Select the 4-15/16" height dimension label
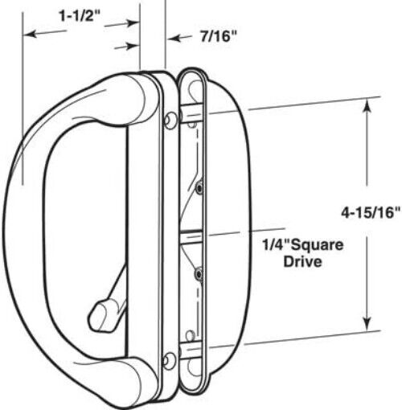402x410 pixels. click(367, 213)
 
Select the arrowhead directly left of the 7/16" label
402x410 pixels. click(170, 37)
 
